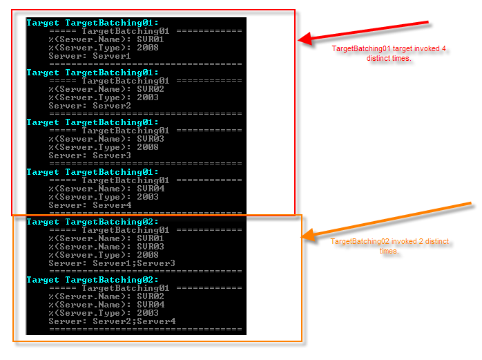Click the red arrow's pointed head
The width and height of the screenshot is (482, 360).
coord(299,40)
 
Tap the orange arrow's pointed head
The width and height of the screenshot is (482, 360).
coord(302,237)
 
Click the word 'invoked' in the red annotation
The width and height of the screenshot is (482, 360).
coord(427,48)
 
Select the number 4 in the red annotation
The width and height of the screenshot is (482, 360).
coord(444,48)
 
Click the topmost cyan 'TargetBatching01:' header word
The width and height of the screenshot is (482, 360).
coord(112,23)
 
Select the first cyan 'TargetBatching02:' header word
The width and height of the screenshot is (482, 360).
coord(112,222)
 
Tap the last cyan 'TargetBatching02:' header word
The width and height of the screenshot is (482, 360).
coord(112,280)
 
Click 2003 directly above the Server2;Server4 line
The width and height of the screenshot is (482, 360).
coord(148,313)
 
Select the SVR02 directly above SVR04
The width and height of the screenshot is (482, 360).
coord(151,296)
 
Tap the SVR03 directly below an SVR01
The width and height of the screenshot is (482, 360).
coord(151,247)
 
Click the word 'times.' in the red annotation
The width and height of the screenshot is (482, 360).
coord(401,59)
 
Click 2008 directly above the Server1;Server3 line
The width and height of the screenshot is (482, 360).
coord(148,255)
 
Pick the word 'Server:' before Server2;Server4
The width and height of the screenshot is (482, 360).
coord(68,321)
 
